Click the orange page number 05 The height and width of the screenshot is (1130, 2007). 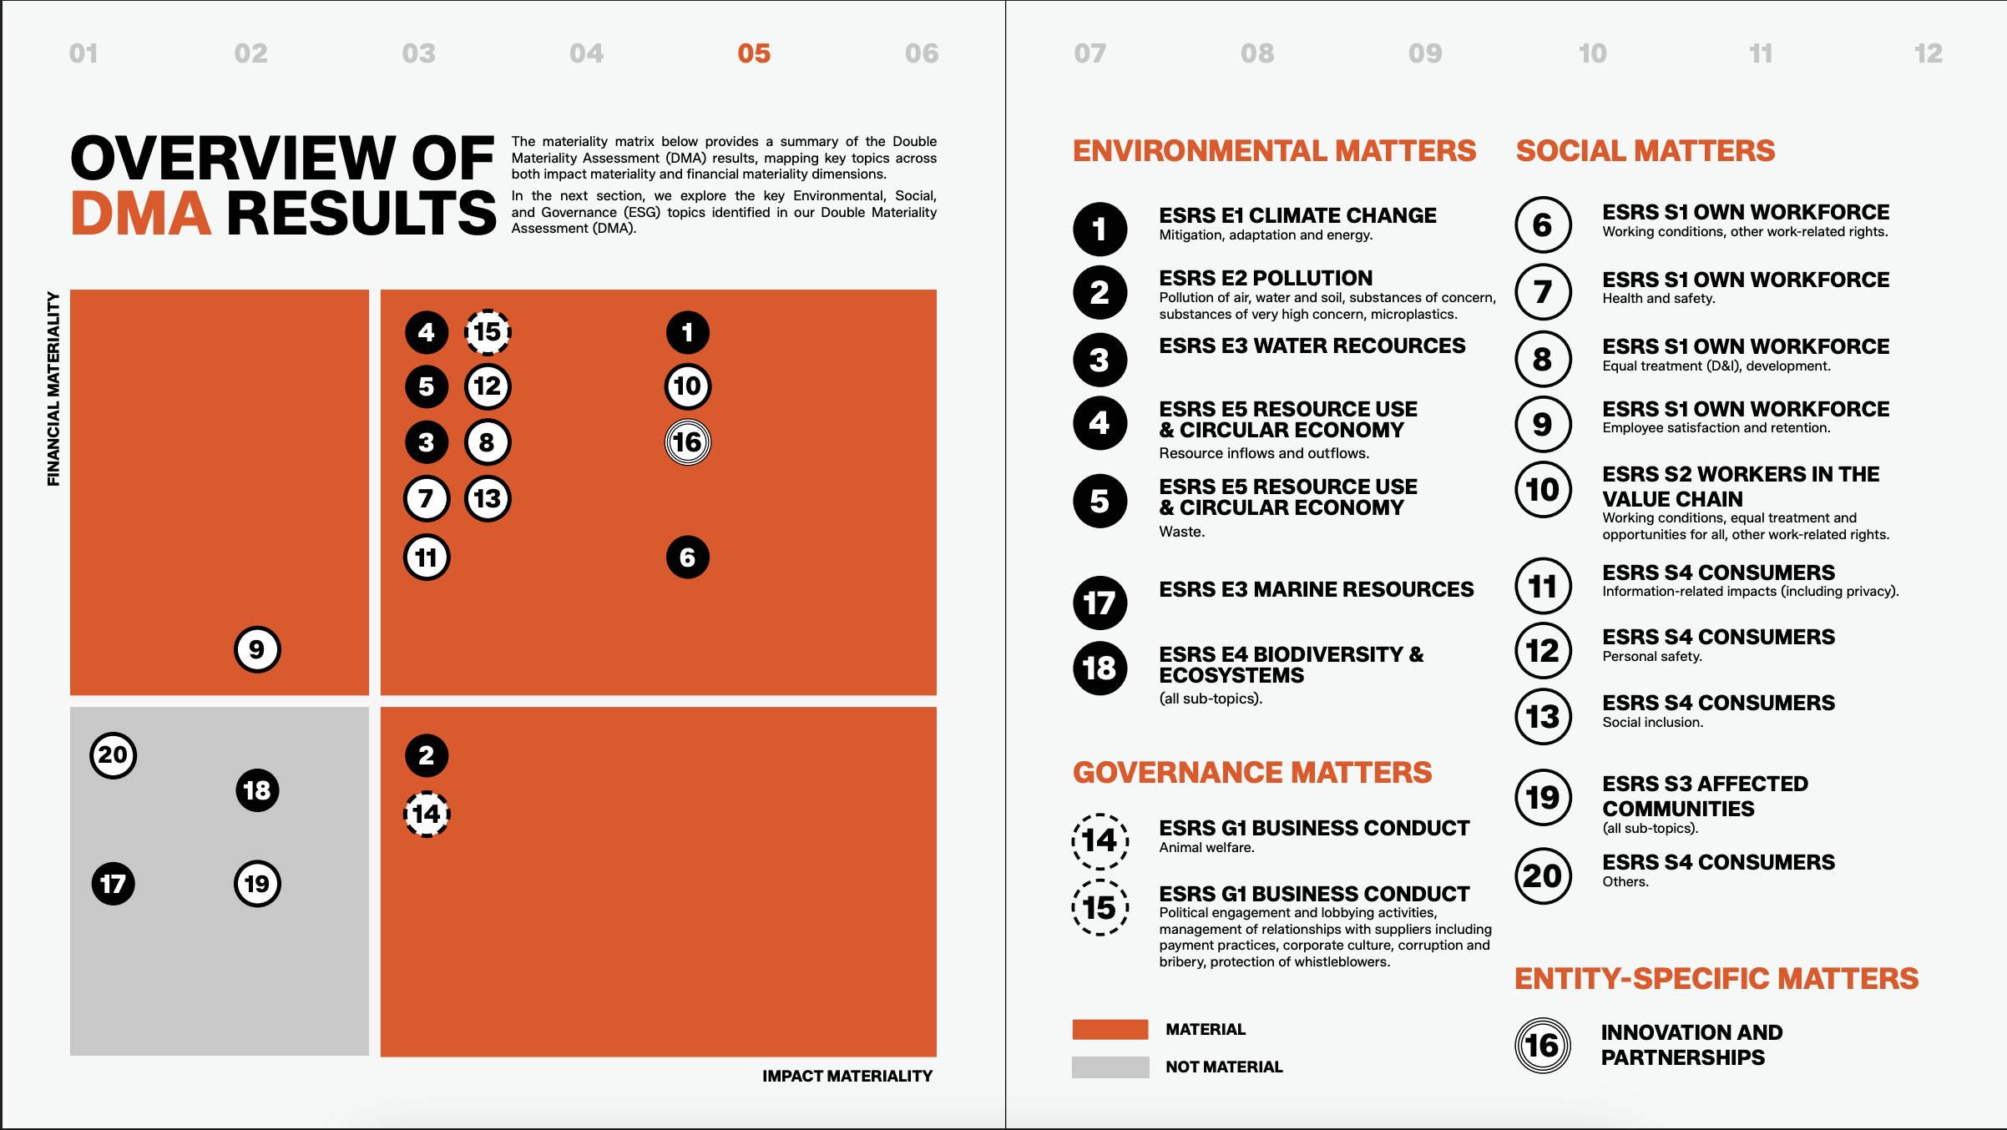(754, 54)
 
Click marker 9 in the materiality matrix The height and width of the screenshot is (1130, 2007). (257, 649)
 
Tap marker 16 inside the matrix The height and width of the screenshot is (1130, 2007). (688, 442)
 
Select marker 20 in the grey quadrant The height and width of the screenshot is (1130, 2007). (113, 755)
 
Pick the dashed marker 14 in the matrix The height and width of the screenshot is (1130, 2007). (427, 814)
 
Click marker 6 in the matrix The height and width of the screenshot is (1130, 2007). (688, 557)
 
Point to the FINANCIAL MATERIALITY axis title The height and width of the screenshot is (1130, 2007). (53, 389)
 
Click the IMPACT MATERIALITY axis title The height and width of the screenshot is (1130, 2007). (847, 1077)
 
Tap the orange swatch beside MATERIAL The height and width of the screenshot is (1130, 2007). (1110, 1029)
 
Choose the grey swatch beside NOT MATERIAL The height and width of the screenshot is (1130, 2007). (1110, 1067)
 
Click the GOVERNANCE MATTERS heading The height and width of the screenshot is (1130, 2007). (1251, 773)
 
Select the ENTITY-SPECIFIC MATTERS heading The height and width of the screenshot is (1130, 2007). (1716, 979)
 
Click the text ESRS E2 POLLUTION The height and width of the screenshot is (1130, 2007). (1265, 278)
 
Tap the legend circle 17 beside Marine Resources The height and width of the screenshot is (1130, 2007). (1100, 603)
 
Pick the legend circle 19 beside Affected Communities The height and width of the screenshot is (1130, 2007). (1543, 797)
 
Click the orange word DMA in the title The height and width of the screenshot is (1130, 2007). (140, 214)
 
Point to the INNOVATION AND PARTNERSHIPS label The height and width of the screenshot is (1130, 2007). (1691, 1045)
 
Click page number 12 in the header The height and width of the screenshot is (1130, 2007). (1928, 54)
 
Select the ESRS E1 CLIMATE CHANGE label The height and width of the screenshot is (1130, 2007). (1297, 215)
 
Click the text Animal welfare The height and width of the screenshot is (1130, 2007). (1206, 848)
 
